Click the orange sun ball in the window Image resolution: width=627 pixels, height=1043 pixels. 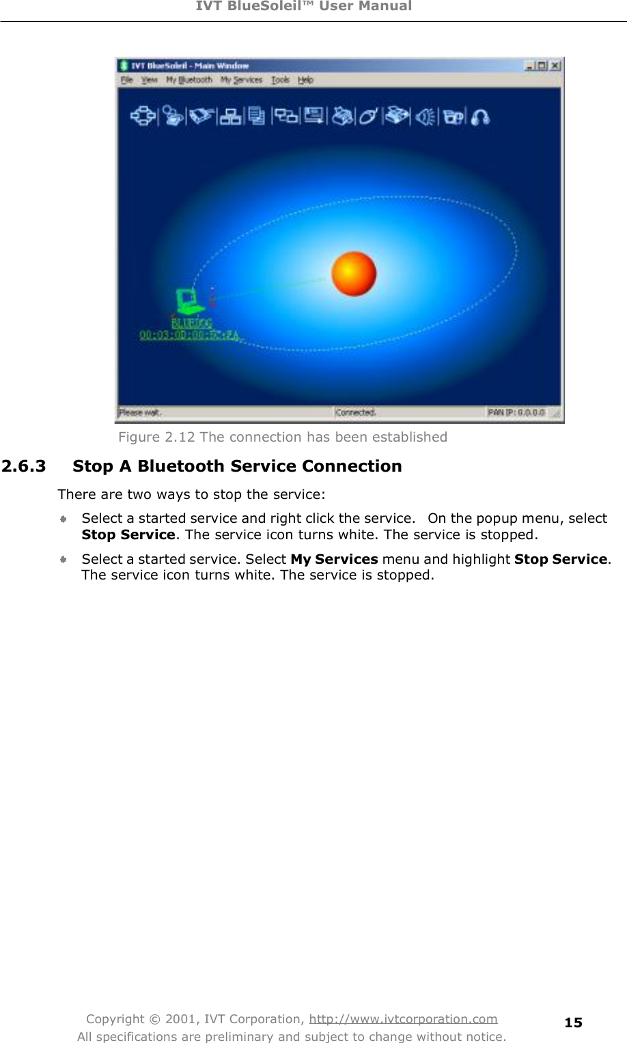354,274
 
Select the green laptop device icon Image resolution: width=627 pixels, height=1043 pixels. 186,300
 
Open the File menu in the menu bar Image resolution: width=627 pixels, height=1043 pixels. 127,80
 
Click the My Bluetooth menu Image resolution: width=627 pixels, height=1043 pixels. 189,80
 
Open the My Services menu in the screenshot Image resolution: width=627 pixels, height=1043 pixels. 241,80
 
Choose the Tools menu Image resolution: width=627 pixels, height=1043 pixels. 280,80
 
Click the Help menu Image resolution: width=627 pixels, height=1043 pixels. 305,80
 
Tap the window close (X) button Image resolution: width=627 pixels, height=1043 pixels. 555,66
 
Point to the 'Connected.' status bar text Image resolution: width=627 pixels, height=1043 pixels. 355,412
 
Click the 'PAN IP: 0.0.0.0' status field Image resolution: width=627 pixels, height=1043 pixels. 516,412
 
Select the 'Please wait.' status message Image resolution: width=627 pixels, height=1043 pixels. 140,412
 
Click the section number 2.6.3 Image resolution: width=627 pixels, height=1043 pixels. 24,466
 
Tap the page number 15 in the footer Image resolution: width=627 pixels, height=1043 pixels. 573,1022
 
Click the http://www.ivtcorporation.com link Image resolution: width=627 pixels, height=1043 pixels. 403,1019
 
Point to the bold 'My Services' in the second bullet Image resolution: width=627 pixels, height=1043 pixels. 334,559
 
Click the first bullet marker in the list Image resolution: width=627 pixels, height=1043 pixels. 63,519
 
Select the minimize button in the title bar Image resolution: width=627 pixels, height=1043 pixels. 530,66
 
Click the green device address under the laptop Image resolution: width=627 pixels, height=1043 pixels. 190,335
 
